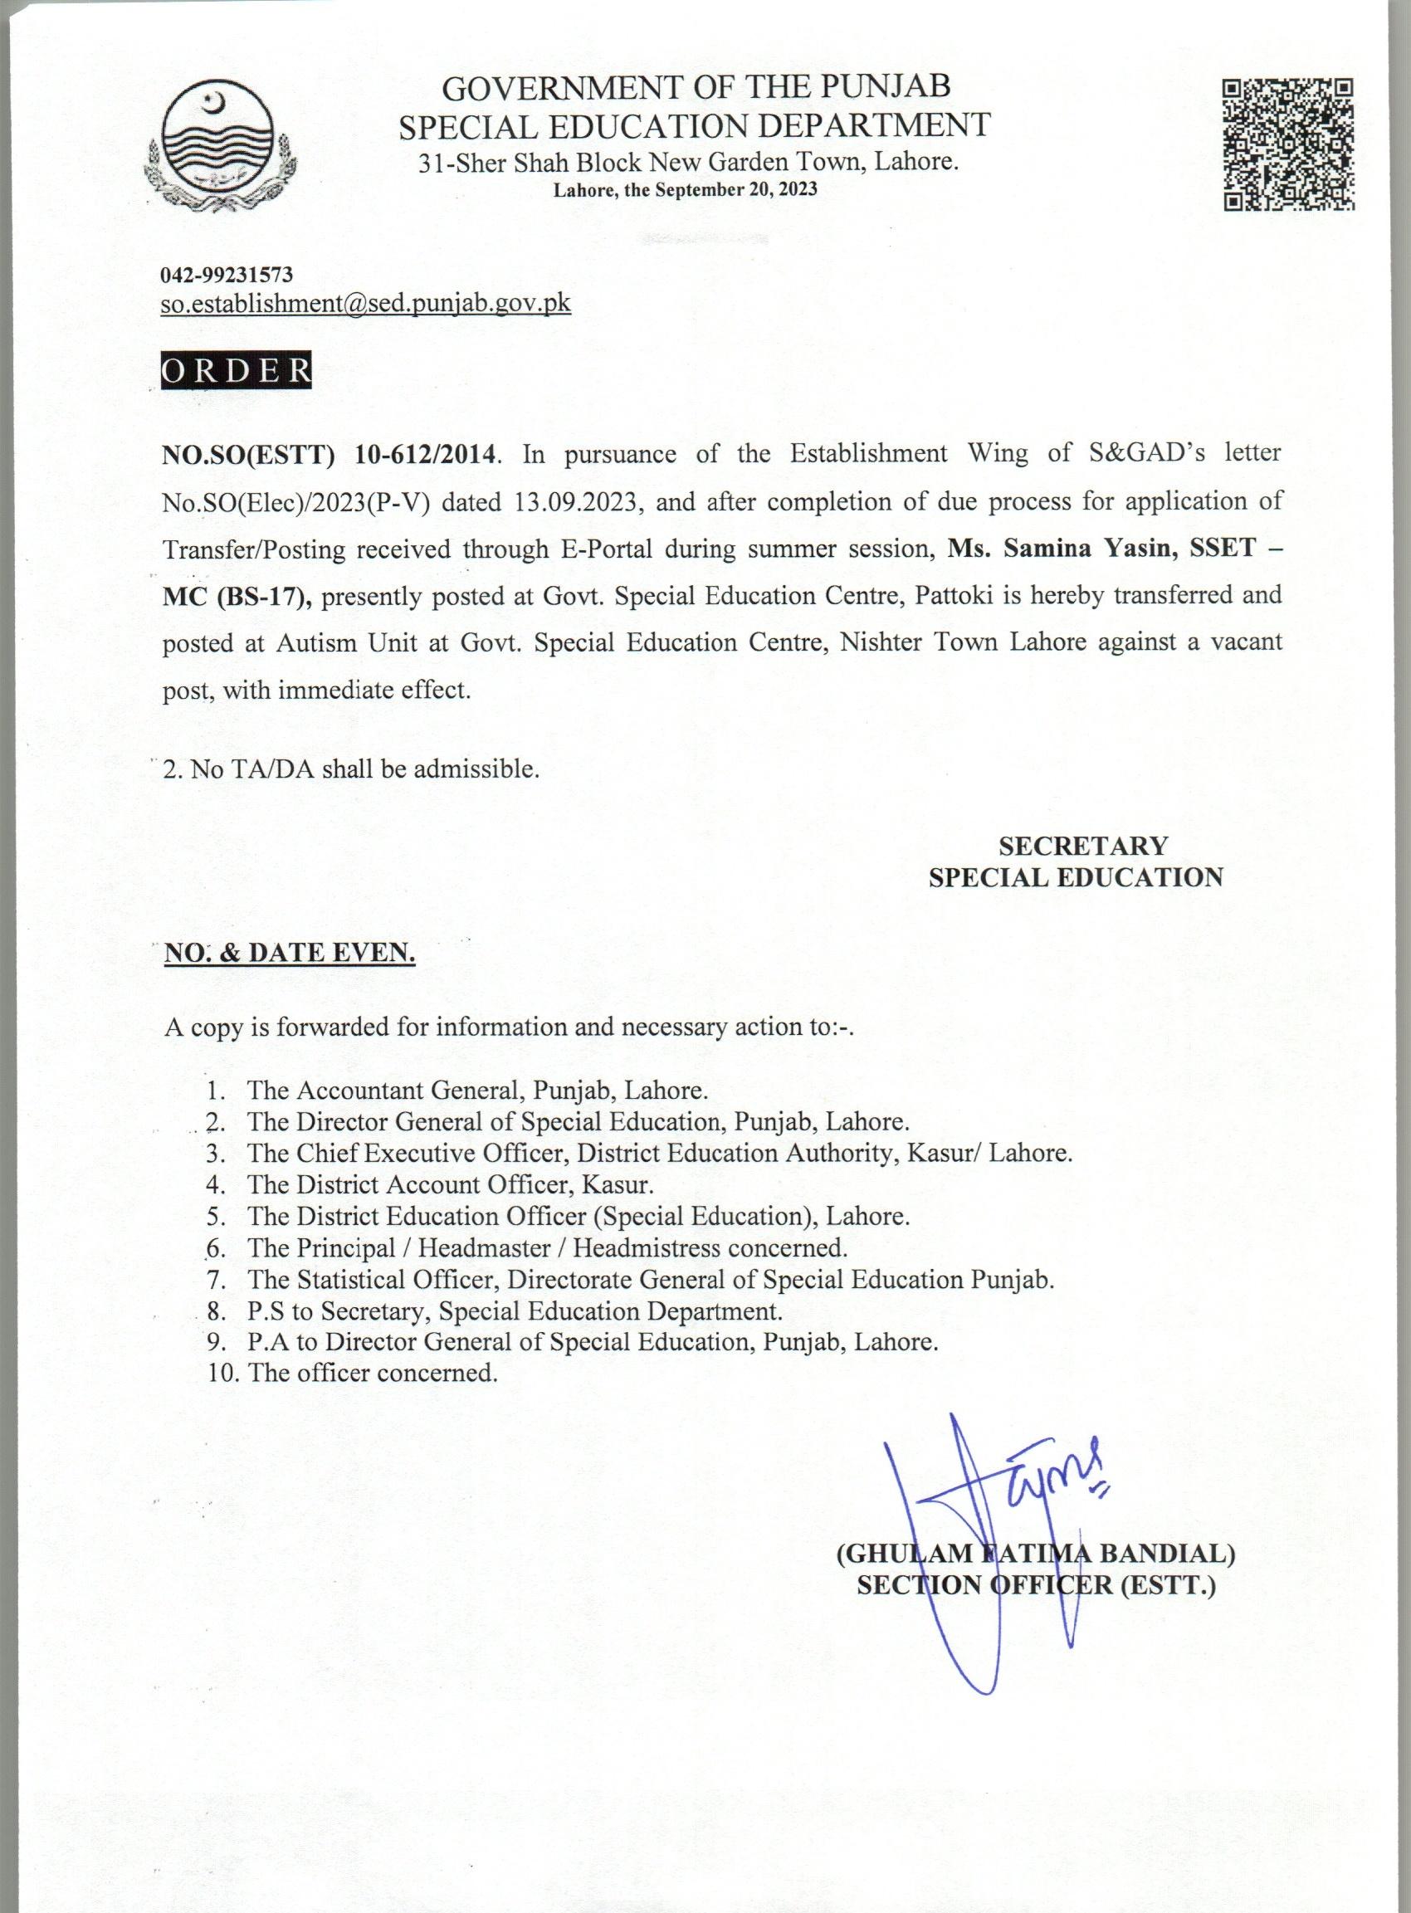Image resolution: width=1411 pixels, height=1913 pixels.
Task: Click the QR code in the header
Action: tap(1289, 144)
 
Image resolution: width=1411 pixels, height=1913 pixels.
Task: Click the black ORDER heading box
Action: tap(237, 372)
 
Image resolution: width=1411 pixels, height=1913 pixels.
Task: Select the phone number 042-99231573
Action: tap(227, 275)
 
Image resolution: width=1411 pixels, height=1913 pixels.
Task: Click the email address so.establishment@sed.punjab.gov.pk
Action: tap(366, 303)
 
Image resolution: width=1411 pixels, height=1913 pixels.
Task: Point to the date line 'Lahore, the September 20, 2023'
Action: tap(685, 189)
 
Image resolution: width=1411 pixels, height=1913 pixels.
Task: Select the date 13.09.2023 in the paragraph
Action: tap(577, 500)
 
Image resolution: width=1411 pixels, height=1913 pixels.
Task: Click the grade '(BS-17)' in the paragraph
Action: tap(264, 596)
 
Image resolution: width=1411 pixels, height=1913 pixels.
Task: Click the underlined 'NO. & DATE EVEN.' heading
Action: tap(290, 953)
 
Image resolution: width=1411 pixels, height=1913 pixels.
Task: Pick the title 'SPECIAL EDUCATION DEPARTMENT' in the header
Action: tap(696, 125)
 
